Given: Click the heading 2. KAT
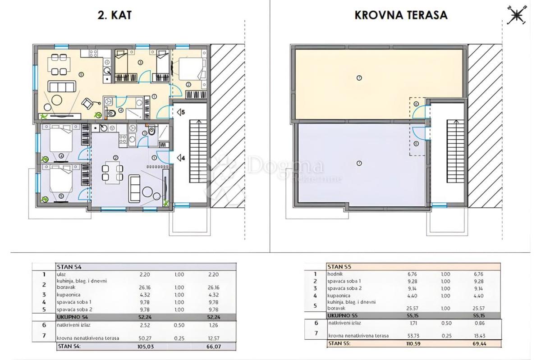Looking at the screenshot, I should pyautogui.click(x=115, y=15).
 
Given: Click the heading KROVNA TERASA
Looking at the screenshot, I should pyautogui.click(x=401, y=15).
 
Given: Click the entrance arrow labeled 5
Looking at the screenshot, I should pyautogui.click(x=181, y=112).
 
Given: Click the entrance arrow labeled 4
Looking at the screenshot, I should pyautogui.click(x=181, y=158).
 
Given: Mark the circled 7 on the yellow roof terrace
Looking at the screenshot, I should pyautogui.click(x=359, y=77).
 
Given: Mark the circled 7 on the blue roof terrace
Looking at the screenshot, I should pyautogui.click(x=359, y=163).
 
